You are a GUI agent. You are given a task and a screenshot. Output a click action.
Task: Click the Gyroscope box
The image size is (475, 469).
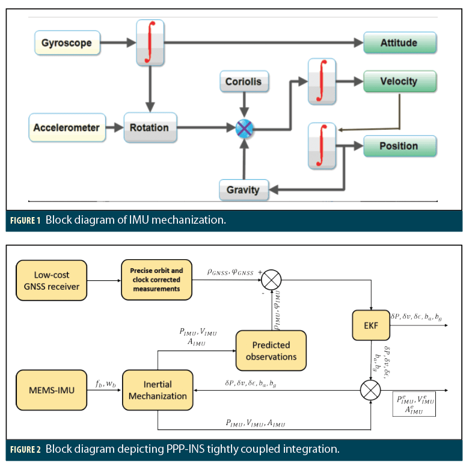(66, 43)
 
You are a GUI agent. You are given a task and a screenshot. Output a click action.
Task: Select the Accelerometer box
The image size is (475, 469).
(66, 127)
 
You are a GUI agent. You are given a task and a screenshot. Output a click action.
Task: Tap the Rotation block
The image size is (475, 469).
(150, 127)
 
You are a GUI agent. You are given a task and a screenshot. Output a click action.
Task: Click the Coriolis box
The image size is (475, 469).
(244, 81)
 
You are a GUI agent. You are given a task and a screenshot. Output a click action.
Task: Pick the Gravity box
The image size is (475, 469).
(243, 190)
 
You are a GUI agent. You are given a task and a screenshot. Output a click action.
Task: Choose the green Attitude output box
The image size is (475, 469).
(399, 43)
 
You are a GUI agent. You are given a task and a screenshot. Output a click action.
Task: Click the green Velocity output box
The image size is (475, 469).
(399, 81)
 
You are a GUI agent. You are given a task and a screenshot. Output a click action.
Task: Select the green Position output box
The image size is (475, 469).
(399, 146)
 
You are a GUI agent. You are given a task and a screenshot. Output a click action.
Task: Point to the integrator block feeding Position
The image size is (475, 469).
(322, 146)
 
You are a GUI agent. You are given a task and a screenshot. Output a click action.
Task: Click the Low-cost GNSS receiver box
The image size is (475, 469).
(56, 280)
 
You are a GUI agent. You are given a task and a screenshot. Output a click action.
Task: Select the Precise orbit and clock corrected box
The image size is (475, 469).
(156, 280)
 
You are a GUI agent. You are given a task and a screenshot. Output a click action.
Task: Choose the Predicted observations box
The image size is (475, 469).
(271, 351)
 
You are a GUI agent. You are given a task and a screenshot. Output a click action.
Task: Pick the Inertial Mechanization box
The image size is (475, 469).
(157, 390)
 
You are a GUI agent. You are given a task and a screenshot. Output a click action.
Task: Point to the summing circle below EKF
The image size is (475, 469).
(371, 391)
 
